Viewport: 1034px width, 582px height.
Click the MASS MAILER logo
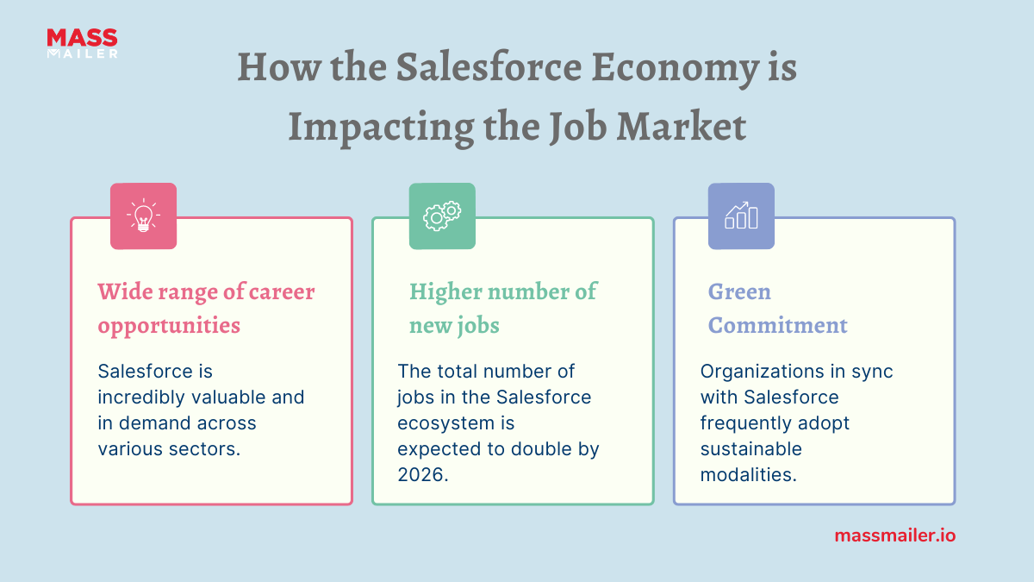tap(82, 43)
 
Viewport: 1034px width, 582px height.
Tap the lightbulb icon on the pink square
tap(143, 216)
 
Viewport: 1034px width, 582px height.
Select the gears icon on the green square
tap(442, 216)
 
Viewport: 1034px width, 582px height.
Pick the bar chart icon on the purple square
tap(741, 216)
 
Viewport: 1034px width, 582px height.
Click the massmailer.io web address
tap(895, 535)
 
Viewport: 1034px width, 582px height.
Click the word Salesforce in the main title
tap(489, 67)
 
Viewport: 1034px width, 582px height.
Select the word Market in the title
tap(682, 127)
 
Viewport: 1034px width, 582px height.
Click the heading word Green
tap(739, 291)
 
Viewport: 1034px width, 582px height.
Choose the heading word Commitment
tap(778, 325)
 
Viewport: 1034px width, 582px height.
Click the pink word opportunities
tap(169, 326)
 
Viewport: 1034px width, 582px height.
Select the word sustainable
tap(751, 449)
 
